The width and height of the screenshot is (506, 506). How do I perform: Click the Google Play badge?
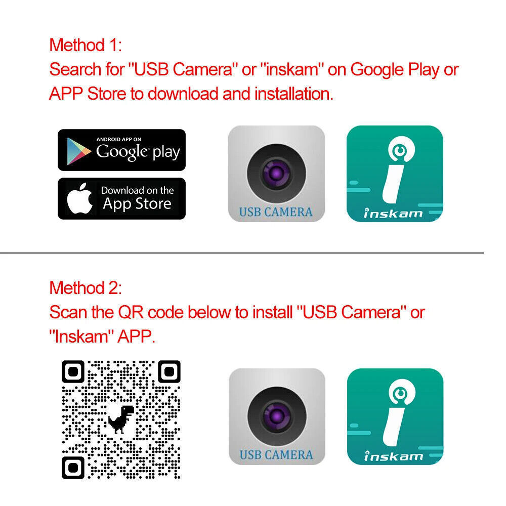(x=121, y=150)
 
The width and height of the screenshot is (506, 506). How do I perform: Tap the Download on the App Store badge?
(x=121, y=198)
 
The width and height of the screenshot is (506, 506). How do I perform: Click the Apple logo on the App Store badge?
(x=80, y=199)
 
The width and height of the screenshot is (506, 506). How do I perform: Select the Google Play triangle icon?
(x=79, y=150)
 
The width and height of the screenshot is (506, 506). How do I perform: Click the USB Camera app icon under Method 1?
(x=276, y=174)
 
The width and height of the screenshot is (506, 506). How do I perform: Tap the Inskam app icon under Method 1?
(x=394, y=174)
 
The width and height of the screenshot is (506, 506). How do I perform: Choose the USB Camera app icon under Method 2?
(x=276, y=416)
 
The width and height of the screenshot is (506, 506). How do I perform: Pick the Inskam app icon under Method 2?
(x=395, y=416)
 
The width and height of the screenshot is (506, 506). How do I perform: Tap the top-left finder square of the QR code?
(x=73, y=372)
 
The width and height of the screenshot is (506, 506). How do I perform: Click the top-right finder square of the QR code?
(x=169, y=372)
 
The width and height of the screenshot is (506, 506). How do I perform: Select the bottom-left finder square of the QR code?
(x=73, y=468)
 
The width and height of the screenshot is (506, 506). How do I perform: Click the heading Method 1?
(x=86, y=45)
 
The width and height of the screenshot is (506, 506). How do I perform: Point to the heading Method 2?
(x=86, y=288)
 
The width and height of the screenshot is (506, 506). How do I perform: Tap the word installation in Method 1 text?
(x=293, y=94)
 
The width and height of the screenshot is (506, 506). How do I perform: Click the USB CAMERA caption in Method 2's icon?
(x=276, y=454)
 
